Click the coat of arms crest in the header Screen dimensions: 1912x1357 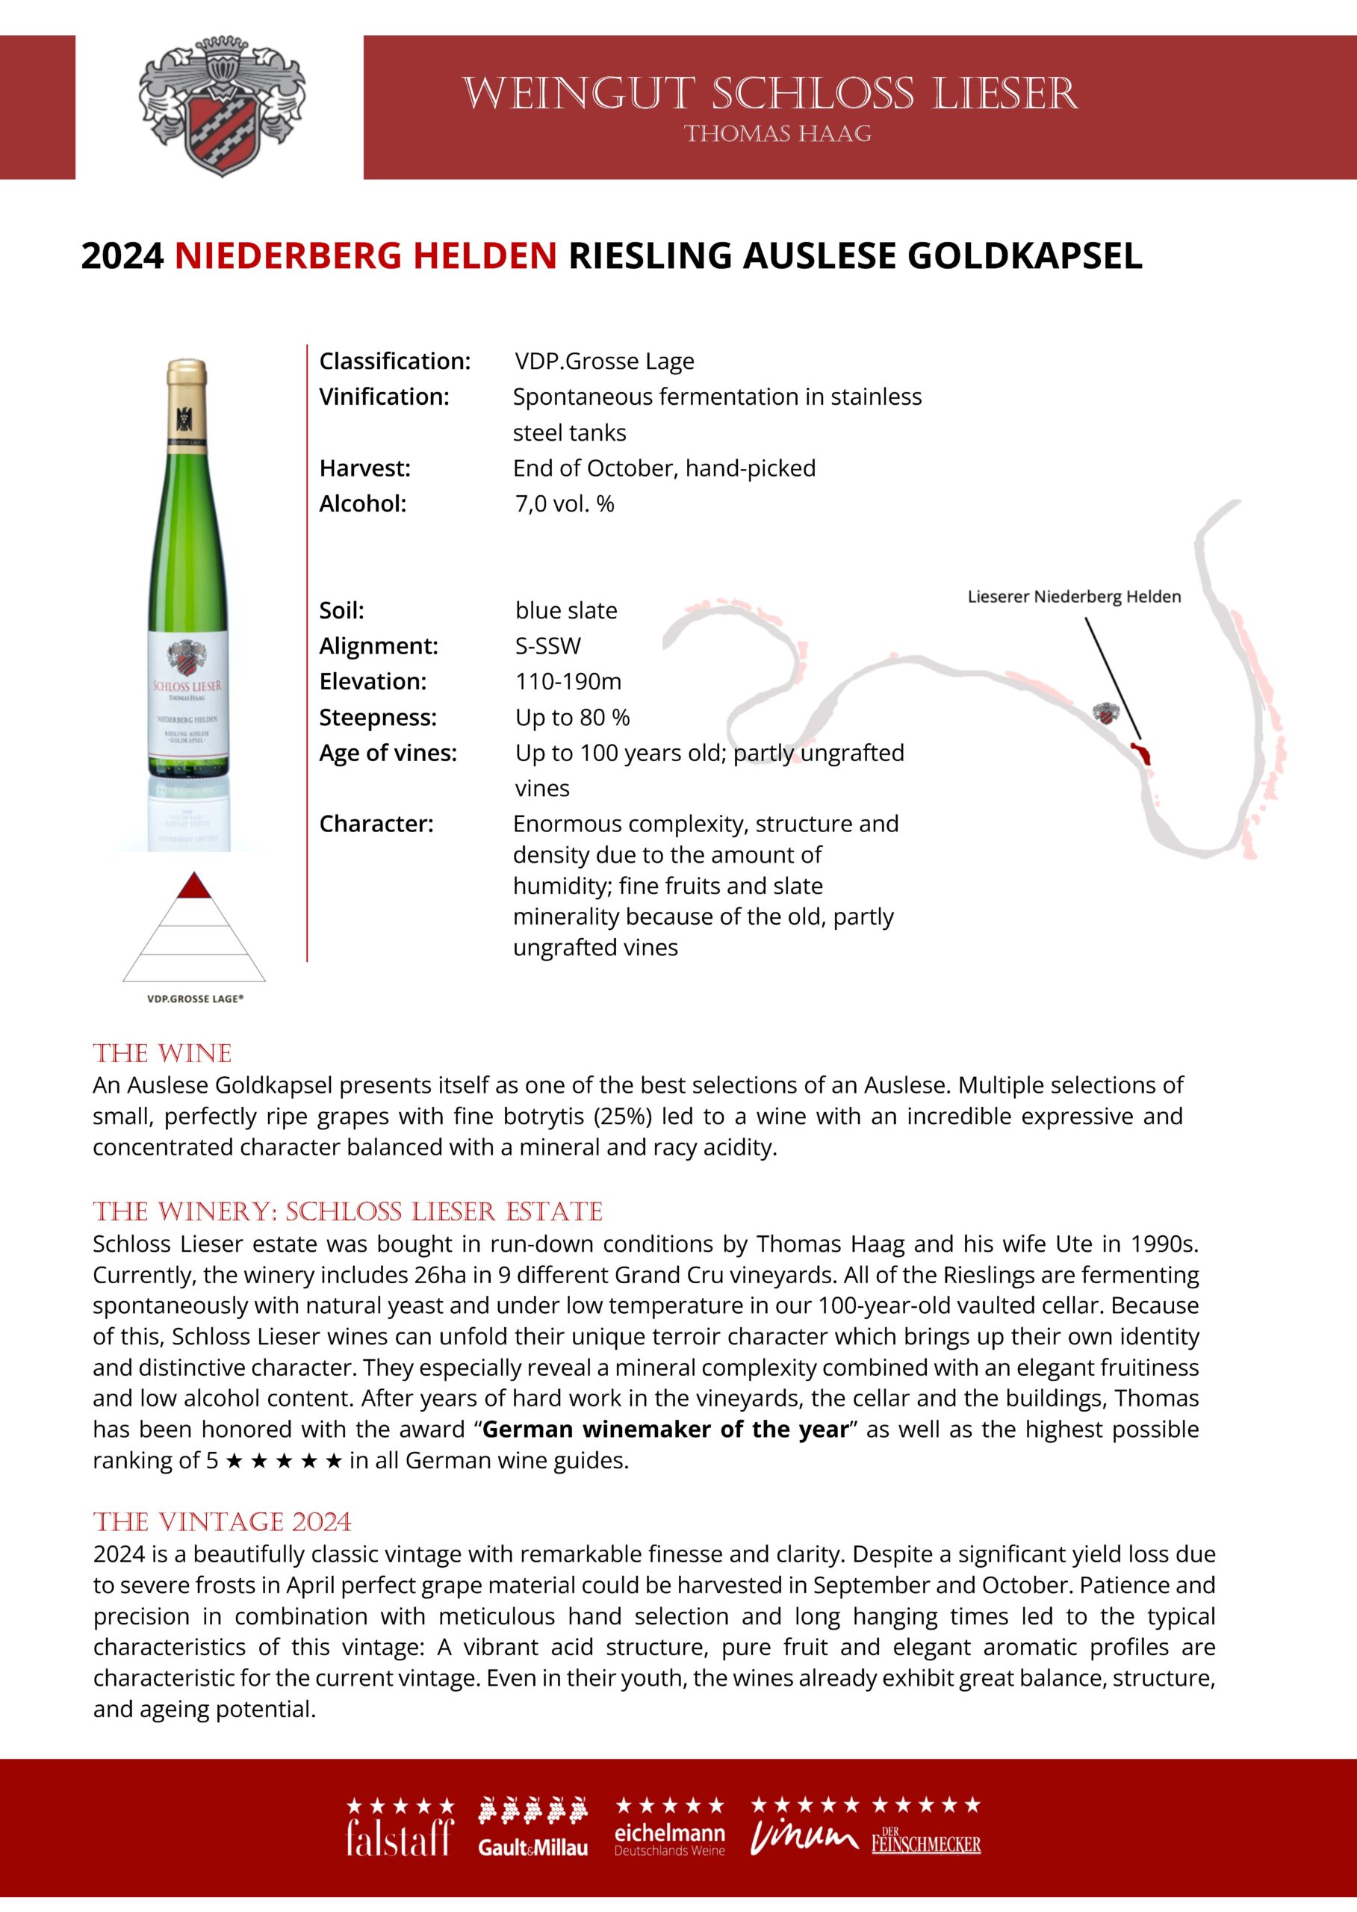point(221,107)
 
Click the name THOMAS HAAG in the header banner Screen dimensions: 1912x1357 point(777,134)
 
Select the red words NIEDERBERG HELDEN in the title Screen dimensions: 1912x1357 point(365,255)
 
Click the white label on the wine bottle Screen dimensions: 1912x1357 point(187,694)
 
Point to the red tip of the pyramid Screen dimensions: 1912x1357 point(194,886)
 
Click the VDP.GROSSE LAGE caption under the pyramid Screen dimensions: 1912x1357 point(196,999)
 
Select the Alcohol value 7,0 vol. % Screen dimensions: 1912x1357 point(564,504)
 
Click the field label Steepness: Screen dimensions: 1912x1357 point(378,717)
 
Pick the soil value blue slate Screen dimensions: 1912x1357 point(565,611)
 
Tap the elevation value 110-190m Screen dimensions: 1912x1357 point(568,682)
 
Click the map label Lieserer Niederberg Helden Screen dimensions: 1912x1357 point(1074,597)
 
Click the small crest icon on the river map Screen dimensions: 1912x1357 point(1106,715)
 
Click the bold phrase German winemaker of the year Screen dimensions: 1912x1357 point(665,1429)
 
